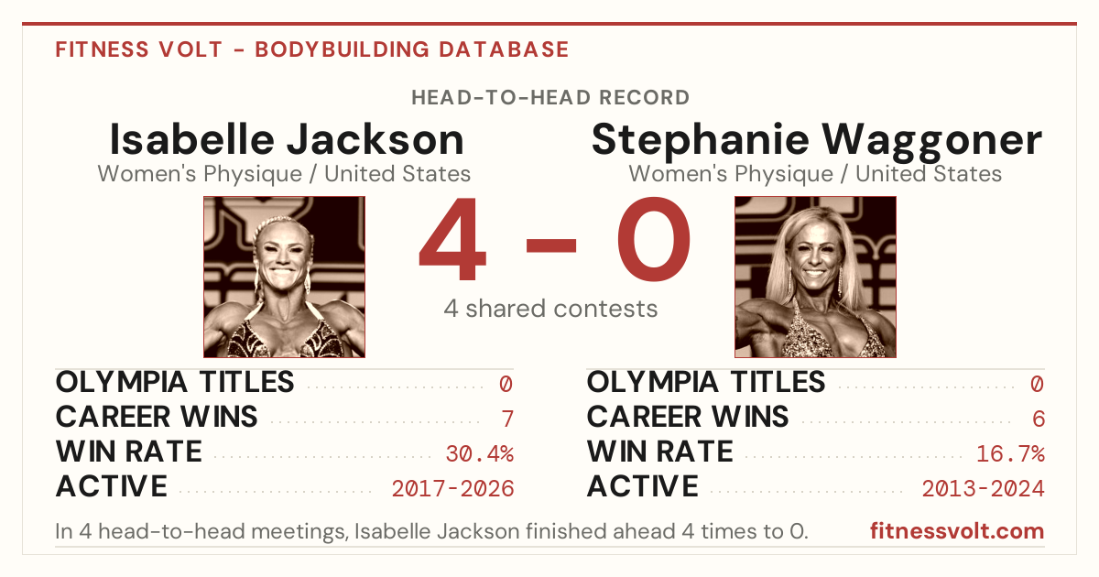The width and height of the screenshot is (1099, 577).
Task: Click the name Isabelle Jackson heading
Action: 287,139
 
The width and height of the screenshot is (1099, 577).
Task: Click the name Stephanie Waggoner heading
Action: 816,141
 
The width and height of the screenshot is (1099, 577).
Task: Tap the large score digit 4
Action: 452,239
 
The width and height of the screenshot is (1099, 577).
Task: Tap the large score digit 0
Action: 654,239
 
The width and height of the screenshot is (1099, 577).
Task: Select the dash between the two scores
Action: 551,245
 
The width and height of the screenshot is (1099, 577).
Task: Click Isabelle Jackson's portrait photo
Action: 284,277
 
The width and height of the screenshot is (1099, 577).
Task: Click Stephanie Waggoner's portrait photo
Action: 815,277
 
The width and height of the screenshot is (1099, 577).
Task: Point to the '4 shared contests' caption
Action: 550,309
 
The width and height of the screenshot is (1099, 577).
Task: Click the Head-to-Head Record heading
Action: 550,98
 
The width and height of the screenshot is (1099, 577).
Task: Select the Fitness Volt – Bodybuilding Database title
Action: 312,49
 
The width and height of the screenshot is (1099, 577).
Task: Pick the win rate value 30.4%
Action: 479,454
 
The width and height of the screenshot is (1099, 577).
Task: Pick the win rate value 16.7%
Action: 1010,454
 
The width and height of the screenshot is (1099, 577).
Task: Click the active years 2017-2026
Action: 452,489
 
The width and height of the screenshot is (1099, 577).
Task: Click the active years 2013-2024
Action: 984,489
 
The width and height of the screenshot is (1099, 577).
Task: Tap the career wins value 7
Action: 507,419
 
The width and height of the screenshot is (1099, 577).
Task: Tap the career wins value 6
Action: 1039,419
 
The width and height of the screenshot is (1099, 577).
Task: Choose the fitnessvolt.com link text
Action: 957,531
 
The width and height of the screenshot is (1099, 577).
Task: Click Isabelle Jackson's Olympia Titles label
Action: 175,382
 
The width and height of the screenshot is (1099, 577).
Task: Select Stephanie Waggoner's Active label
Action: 642,486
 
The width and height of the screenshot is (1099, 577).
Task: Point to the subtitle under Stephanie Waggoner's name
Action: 815,174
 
